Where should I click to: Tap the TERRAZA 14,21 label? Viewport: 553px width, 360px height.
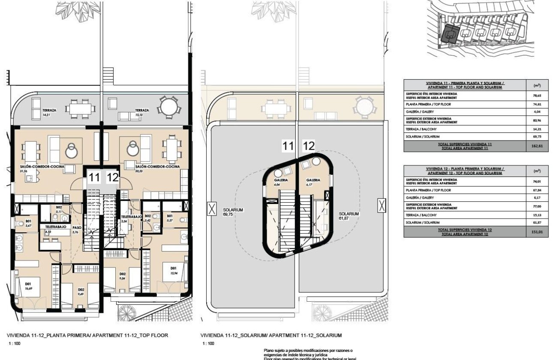50,113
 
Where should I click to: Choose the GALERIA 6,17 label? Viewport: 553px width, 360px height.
313,182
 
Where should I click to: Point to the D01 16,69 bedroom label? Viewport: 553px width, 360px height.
29,286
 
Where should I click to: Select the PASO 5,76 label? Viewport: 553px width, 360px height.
77,230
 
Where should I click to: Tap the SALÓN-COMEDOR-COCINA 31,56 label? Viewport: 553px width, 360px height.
39,168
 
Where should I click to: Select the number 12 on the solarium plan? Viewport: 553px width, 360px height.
309,146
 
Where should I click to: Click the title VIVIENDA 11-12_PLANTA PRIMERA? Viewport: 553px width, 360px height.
87,336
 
